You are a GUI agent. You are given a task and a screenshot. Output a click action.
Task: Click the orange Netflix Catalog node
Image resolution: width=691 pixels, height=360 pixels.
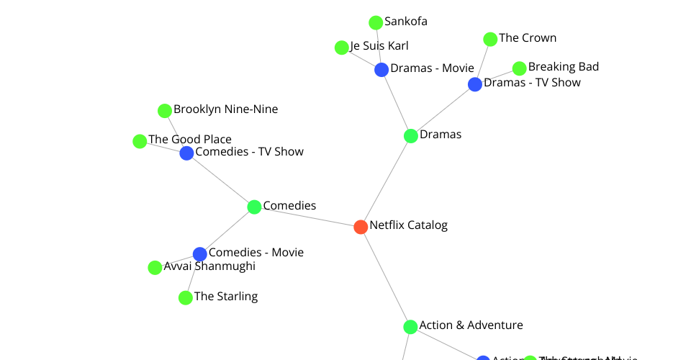pos(361,227)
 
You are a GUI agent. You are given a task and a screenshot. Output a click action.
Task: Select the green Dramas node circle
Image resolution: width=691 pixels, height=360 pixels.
pos(411,136)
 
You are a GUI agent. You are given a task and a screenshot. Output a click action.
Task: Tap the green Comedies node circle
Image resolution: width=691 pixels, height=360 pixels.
pos(254,207)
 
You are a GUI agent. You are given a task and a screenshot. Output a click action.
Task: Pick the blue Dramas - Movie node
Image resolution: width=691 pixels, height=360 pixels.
pos(381,70)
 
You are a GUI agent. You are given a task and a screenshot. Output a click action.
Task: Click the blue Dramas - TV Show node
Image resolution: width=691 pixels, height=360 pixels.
pos(475,85)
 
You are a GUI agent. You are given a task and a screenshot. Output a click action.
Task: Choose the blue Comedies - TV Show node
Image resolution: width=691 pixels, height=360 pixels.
pos(186,153)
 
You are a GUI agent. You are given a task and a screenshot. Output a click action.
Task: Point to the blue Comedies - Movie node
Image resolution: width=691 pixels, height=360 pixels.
pos(200,254)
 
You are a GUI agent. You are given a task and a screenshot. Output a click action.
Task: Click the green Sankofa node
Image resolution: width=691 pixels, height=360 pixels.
pos(376,23)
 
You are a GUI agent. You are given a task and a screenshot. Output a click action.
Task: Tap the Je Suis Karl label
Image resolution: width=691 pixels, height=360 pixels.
pos(379,46)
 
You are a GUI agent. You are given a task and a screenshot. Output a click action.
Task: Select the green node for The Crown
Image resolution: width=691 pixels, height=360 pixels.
pos(490,40)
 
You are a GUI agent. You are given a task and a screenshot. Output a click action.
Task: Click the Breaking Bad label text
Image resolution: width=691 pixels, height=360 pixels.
pos(563,67)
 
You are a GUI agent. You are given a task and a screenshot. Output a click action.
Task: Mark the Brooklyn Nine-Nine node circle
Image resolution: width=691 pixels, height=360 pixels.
pos(165,111)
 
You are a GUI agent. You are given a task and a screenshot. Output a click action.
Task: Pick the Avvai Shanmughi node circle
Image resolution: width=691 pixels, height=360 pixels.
pos(155,268)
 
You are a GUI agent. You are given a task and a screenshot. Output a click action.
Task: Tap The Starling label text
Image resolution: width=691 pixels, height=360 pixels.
pos(225,297)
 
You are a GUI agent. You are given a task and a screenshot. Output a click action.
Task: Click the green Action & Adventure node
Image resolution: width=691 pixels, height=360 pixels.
pos(410,327)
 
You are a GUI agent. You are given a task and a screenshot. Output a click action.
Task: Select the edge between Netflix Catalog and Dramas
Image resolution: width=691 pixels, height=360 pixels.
pos(386,181)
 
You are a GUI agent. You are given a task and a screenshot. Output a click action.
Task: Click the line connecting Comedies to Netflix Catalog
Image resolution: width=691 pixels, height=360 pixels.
pos(307,217)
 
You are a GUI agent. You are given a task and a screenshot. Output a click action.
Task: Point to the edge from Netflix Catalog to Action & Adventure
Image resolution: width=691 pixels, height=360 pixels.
pos(385,276)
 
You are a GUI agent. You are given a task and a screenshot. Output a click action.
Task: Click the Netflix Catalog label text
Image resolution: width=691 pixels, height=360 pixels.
pos(408,225)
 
